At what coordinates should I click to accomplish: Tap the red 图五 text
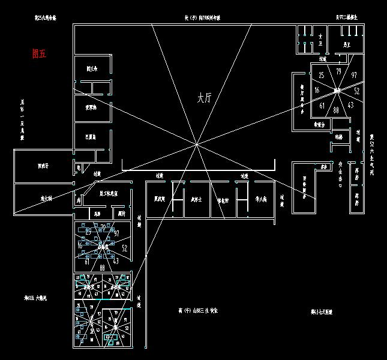point(39,53)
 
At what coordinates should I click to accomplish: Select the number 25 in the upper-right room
point(322,75)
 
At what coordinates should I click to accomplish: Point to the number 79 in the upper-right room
point(339,72)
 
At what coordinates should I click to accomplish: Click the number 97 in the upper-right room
point(354,75)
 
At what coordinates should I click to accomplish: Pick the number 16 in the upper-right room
point(317,90)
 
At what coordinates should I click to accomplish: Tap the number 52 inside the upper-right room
point(357,91)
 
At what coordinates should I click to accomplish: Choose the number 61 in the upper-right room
point(322,106)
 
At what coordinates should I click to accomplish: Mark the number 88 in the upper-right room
point(336,110)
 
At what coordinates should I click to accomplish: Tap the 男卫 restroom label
point(347,44)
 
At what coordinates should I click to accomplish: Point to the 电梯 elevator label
point(338,137)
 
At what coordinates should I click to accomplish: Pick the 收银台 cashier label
point(320,125)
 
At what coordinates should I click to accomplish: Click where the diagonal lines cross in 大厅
point(197,144)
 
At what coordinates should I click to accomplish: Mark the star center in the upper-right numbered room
point(337,91)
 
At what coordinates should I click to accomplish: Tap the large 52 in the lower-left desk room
point(124,247)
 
